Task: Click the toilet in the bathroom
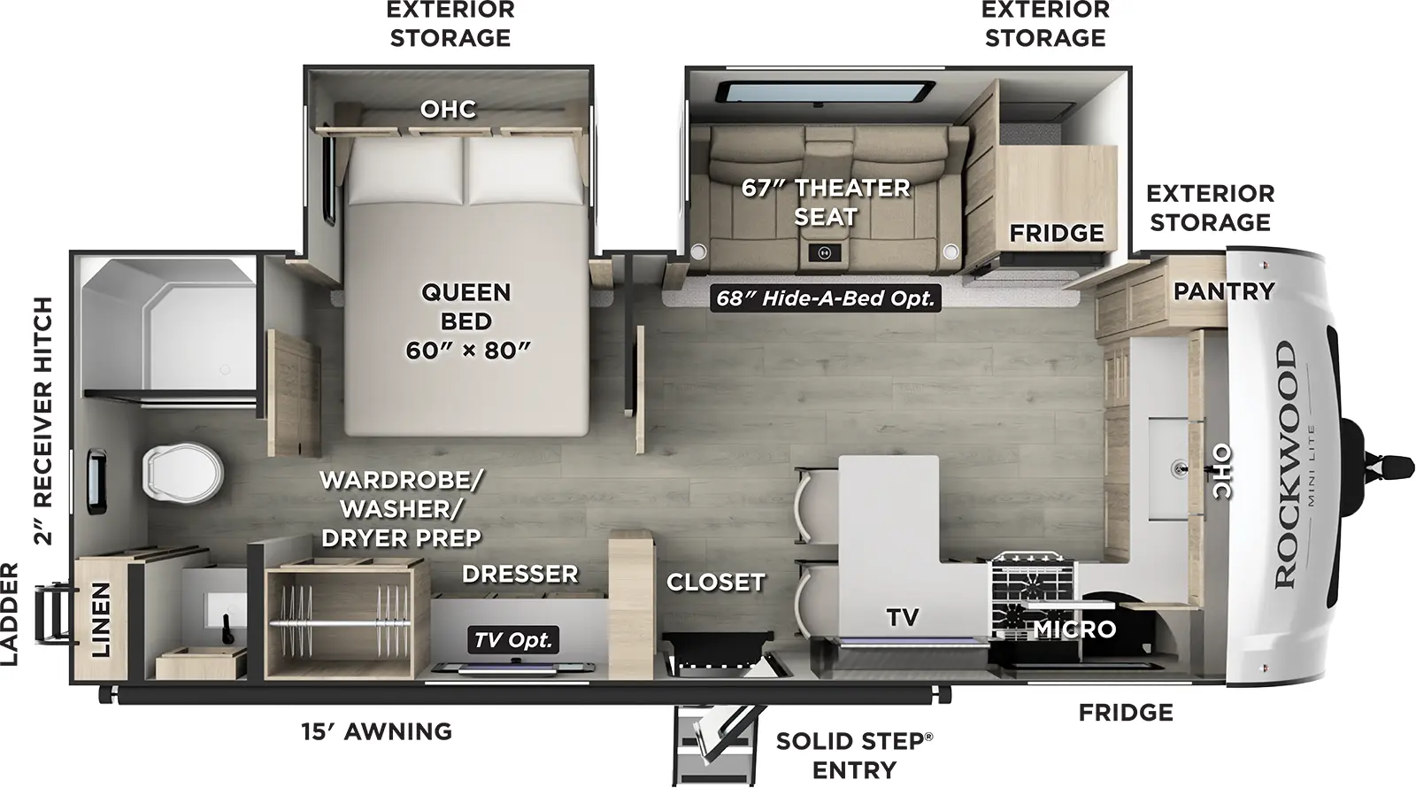coord(181,470)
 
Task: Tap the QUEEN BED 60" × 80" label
coord(466,321)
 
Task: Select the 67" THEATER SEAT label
coord(825,202)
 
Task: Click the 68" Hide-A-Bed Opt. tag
coord(825,298)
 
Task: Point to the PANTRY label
coord(1223,290)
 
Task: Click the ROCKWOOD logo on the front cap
coord(1285,465)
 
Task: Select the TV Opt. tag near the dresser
coord(512,640)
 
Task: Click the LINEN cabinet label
coord(101,619)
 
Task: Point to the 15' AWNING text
coord(377,731)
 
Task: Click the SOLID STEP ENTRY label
coord(854,754)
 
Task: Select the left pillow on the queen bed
coord(405,171)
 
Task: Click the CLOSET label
coord(715,582)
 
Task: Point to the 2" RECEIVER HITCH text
coord(43,421)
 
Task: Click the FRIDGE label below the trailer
coord(1125,712)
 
